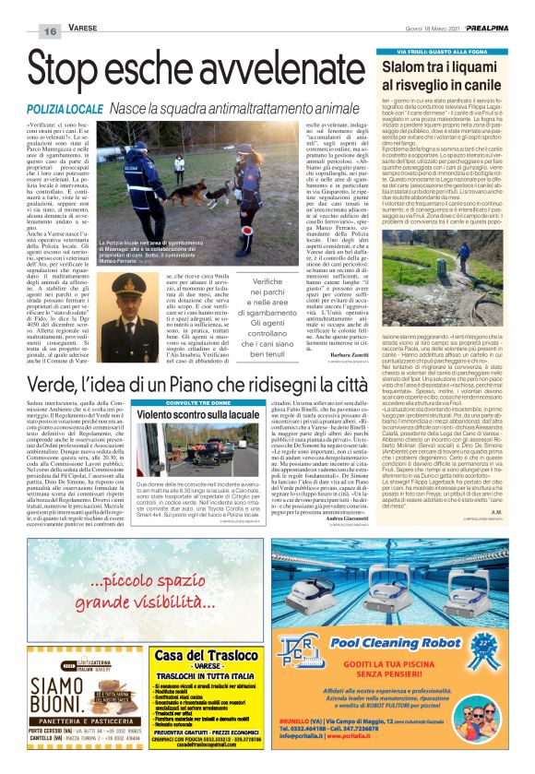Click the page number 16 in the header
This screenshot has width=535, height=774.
tap(47, 30)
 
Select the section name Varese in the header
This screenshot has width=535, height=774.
tap(83, 30)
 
